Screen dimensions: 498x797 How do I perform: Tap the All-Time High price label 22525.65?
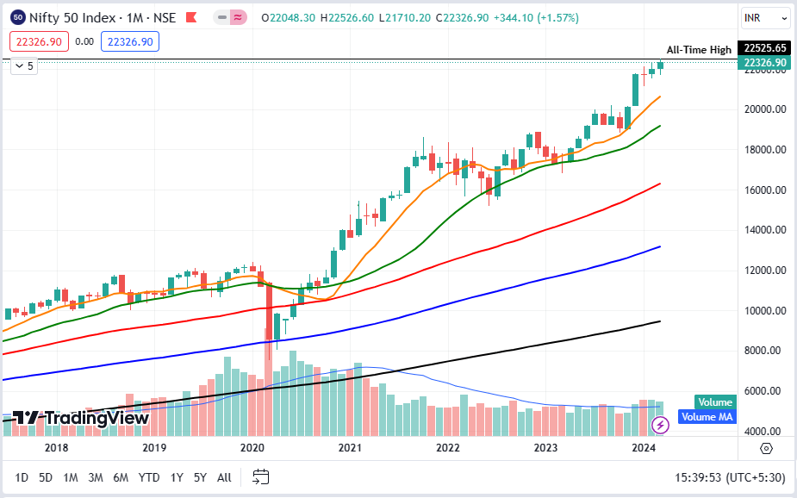(x=765, y=48)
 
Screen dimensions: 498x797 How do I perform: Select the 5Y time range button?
(x=200, y=477)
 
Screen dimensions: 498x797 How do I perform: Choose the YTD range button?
(x=149, y=477)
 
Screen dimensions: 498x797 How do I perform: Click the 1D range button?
(x=22, y=477)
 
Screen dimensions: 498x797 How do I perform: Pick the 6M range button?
(x=121, y=477)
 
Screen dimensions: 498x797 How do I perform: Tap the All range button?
(x=224, y=477)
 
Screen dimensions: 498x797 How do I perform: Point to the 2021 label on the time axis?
(x=350, y=448)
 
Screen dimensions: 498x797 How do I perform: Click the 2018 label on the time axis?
(x=56, y=448)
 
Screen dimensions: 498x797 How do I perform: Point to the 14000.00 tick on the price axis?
(x=765, y=230)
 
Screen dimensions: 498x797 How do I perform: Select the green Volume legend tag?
(x=714, y=402)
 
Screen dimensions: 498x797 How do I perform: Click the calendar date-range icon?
(x=262, y=476)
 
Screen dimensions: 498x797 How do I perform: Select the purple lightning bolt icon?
(x=660, y=424)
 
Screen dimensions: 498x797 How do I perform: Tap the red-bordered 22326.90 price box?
(x=39, y=41)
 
